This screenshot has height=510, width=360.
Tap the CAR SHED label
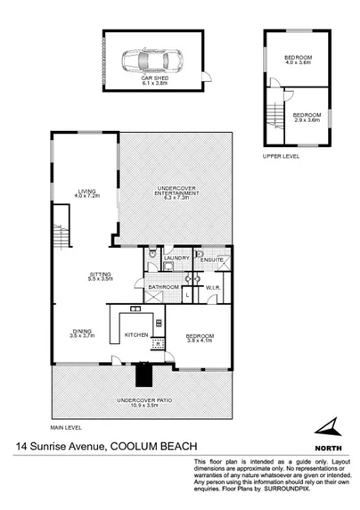(154, 79)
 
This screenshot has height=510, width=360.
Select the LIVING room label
(86, 192)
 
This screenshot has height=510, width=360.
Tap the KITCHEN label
(135, 335)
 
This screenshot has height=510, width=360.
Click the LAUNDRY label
(176, 259)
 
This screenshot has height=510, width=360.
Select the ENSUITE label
(213, 259)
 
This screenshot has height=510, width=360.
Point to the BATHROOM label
(164, 287)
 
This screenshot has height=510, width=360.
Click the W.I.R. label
(213, 287)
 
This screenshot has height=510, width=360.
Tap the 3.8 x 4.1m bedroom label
(200, 338)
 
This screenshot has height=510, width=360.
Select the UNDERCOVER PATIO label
(141, 403)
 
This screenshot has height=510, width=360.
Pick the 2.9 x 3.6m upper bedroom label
(306, 117)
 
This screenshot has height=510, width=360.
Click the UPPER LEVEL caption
(281, 155)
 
